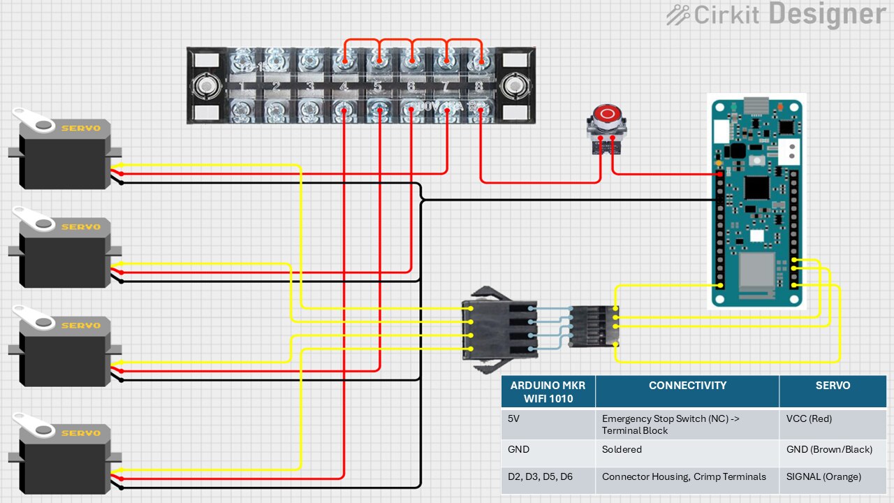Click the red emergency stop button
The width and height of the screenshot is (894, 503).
coord(606,114)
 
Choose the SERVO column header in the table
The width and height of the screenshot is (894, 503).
coord(833,386)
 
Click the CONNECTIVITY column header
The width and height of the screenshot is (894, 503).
coord(687,386)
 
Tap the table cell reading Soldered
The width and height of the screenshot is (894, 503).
coord(622,449)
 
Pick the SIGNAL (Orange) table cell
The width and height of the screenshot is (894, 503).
coord(823,476)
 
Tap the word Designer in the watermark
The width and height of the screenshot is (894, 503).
coord(827,14)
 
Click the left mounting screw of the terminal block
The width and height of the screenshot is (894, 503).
coord(206,87)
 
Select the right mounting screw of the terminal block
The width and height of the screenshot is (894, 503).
coord(516,87)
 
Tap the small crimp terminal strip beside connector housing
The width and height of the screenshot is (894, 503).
coord(593,326)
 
